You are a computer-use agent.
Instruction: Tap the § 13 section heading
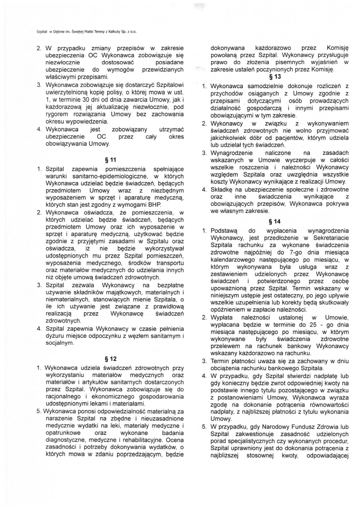tap(275, 77)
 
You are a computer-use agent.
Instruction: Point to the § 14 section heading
tap(275, 221)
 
